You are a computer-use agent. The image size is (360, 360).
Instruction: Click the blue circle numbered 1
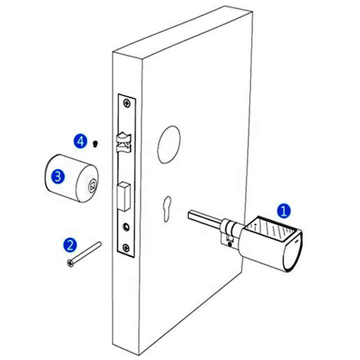click(x=283, y=211)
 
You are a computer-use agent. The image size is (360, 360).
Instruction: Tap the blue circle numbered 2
click(x=70, y=245)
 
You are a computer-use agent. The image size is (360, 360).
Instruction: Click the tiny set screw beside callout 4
click(x=94, y=143)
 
